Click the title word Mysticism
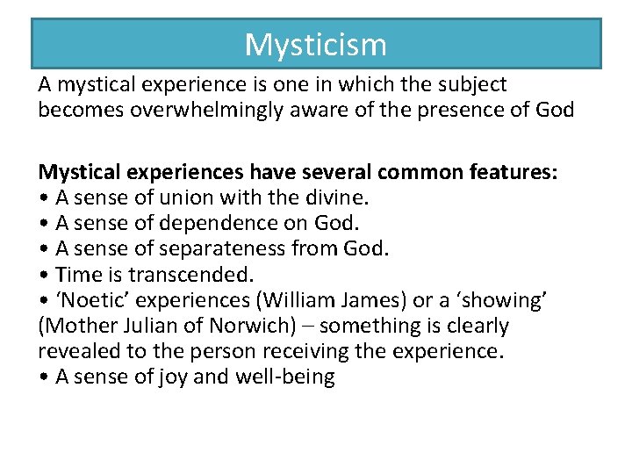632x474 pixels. coord(315,44)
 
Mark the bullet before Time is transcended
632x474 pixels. coord(43,275)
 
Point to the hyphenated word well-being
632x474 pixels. coord(289,377)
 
